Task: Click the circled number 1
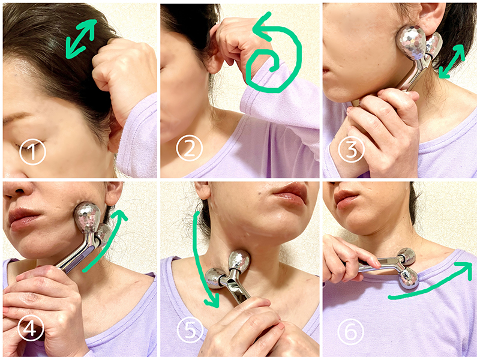tap(32, 152)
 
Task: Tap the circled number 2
tap(190, 148)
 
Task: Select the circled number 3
tap(351, 149)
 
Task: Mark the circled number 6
tap(351, 331)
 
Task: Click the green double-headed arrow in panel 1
tap(81, 39)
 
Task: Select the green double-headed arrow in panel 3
tap(452, 61)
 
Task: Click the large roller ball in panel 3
tap(411, 45)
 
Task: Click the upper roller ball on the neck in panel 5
tap(239, 261)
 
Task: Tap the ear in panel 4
tap(113, 193)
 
